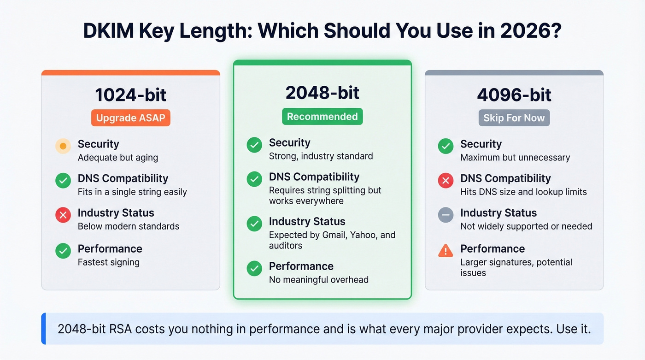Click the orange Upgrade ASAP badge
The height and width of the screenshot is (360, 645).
[x=130, y=118]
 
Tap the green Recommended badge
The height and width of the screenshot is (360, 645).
[x=322, y=117]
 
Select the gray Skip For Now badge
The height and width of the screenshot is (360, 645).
[x=514, y=118]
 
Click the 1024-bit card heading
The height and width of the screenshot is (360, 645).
[x=130, y=95]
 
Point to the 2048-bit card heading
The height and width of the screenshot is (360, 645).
[x=322, y=93]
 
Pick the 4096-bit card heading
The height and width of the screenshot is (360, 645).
[x=514, y=95]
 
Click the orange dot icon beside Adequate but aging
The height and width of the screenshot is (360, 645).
[x=63, y=147]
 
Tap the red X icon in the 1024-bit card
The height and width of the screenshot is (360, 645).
[x=63, y=215]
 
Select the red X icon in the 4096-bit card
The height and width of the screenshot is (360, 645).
[x=446, y=180]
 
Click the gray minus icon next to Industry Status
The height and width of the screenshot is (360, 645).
[x=446, y=215]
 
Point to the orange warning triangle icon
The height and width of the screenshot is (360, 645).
[x=446, y=251]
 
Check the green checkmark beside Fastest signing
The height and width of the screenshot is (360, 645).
[x=63, y=251]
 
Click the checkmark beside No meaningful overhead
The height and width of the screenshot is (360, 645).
[x=254, y=268]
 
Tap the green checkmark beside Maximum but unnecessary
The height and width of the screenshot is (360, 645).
[x=446, y=147]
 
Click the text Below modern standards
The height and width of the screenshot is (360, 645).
[x=129, y=226]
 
